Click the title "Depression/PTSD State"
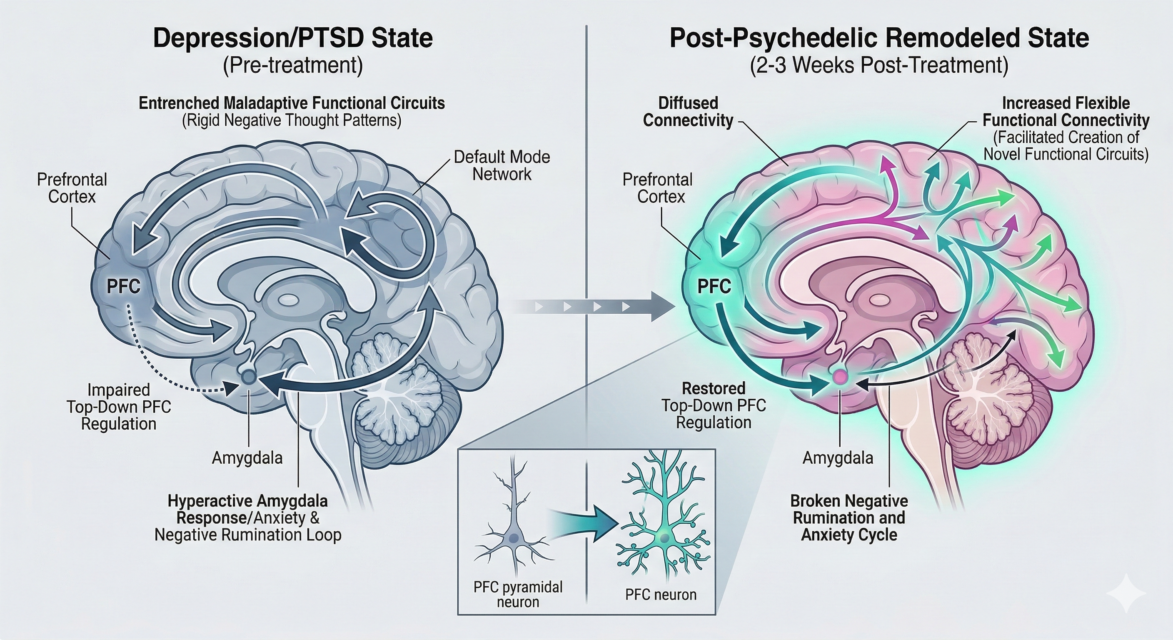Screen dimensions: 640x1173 tap(293, 38)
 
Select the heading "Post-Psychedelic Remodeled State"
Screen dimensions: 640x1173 tap(879, 38)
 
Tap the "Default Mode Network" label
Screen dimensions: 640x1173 tap(502, 165)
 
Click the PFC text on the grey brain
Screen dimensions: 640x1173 tap(123, 287)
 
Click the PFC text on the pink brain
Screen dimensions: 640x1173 tap(714, 287)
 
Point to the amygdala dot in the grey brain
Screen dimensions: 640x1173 tap(249, 376)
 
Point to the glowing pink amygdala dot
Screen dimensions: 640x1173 tap(839, 376)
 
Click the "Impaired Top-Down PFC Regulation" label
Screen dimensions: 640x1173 tap(119, 407)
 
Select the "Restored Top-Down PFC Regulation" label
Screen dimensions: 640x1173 tap(714, 405)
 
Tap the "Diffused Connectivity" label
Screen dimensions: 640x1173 tap(688, 112)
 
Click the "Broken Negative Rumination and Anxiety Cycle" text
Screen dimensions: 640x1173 tap(849, 517)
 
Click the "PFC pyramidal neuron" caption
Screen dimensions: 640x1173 tap(518, 595)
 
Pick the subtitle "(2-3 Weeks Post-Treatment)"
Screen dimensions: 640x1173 tap(879, 65)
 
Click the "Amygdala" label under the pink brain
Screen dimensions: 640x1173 tap(838, 457)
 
